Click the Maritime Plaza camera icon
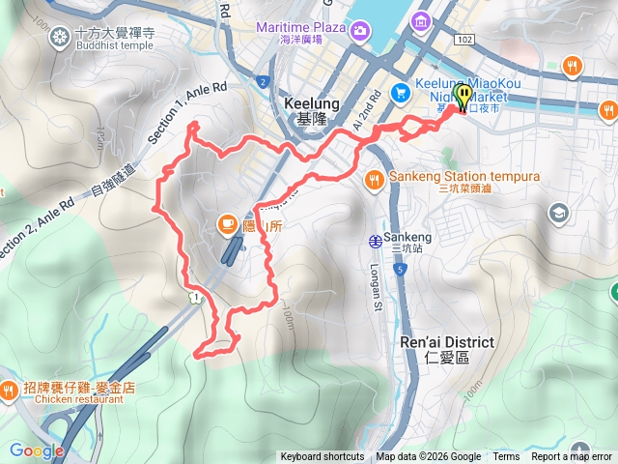[x=359, y=30]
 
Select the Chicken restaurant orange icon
[x=10, y=391]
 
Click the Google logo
[x=36, y=450]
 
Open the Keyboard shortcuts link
[x=323, y=457]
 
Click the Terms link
[x=506, y=457]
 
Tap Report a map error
[x=572, y=457]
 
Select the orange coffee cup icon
[x=228, y=225]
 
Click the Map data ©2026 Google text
[x=429, y=457]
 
